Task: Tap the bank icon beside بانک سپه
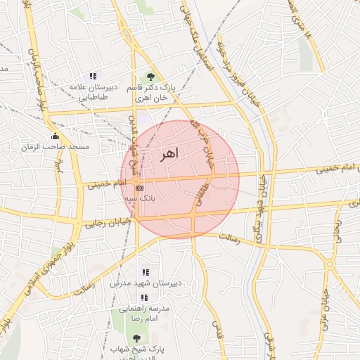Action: tap(139, 188)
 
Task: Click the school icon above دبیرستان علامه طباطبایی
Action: tap(92, 76)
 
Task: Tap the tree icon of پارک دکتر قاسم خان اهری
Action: tap(150, 77)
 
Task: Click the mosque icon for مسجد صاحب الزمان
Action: tap(55, 136)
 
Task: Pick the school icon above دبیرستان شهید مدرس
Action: tap(146, 272)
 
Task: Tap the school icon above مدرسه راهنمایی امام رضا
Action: tap(144, 297)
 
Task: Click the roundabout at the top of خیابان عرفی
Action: tap(329, 264)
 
